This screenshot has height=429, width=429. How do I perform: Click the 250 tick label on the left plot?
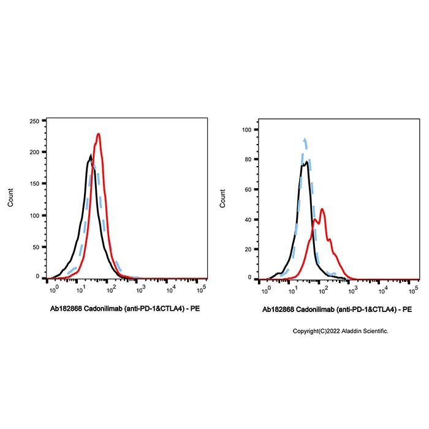[34, 121]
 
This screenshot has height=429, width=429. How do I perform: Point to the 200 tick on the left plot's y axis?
[34, 152]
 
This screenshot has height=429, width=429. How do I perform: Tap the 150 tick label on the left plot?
[34, 183]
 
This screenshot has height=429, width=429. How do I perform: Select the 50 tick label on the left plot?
[36, 246]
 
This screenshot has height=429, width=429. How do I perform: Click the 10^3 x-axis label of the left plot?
[141, 288]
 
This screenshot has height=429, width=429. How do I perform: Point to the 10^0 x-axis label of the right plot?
[264, 288]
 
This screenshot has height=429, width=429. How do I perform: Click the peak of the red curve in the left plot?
[98, 134]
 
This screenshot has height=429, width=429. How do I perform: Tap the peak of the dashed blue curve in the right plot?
[305, 140]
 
